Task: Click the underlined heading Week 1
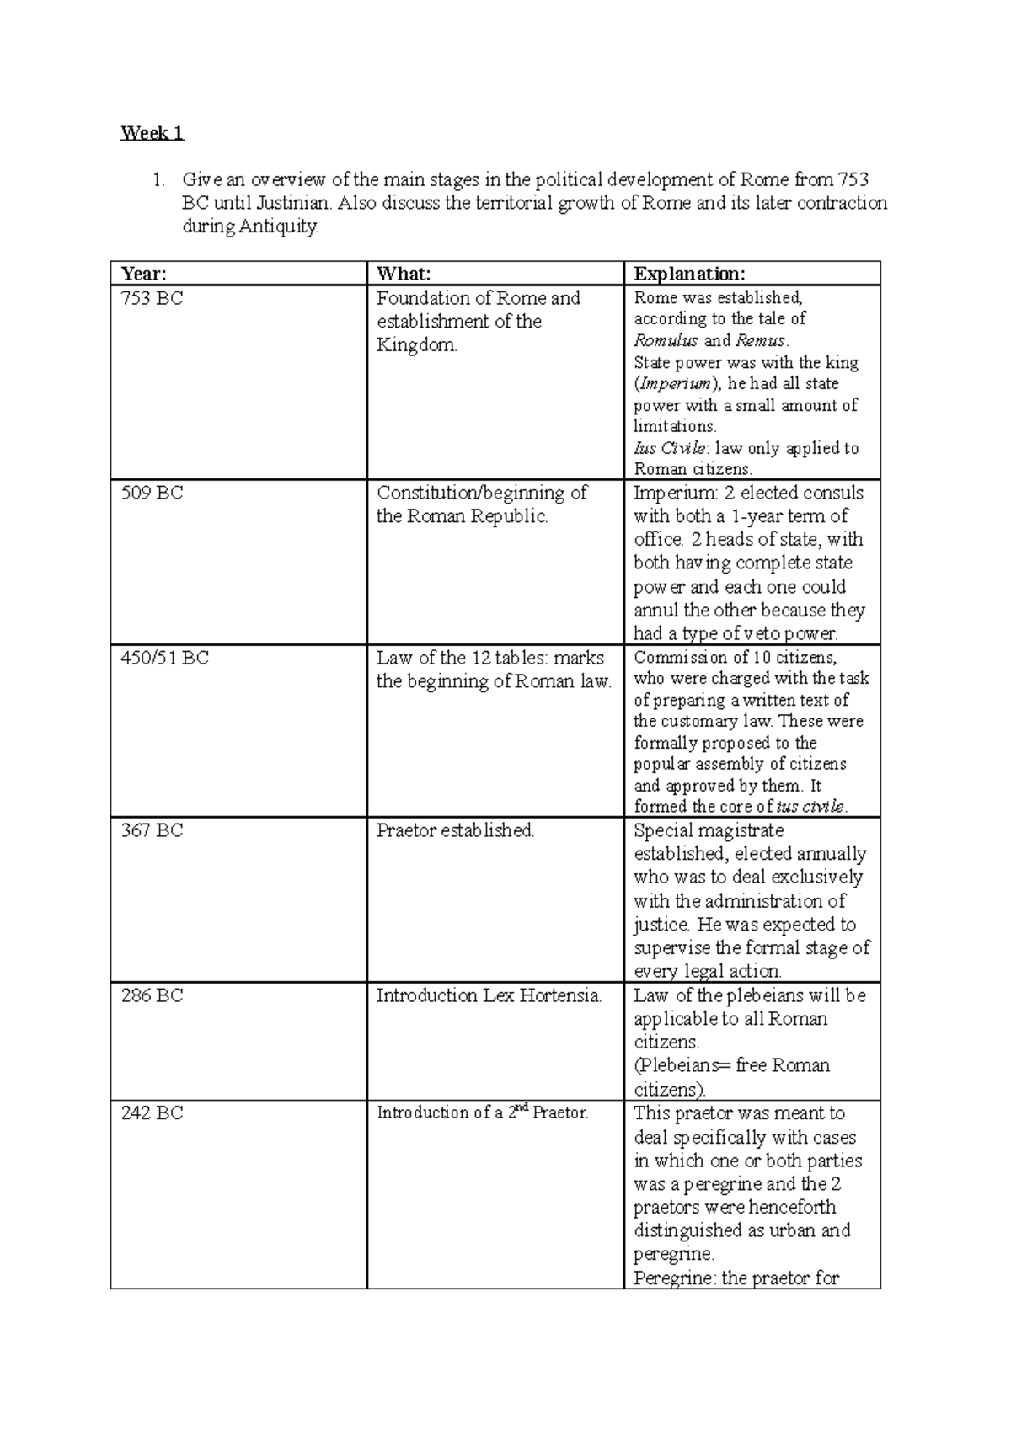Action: (152, 133)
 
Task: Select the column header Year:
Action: (144, 274)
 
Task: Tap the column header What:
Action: (404, 274)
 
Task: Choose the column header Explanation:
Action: (689, 274)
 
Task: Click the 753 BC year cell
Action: (152, 298)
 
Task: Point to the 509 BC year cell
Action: (152, 493)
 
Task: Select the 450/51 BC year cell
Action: (164, 658)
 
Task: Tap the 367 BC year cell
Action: (152, 830)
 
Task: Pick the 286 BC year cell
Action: (152, 995)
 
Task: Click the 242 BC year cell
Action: (152, 1113)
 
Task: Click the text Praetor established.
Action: (455, 830)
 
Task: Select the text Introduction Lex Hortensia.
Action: (489, 995)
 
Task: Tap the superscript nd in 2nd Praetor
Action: (522, 1108)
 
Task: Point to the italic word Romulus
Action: (666, 341)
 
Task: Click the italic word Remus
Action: (761, 341)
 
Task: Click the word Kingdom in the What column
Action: (416, 345)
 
